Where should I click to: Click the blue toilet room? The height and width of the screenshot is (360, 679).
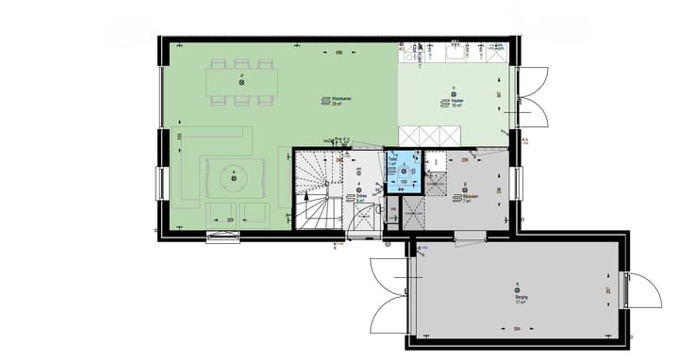tap(404, 171)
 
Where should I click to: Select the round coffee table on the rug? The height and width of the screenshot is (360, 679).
tap(230, 175)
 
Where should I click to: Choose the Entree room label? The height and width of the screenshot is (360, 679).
tap(359, 197)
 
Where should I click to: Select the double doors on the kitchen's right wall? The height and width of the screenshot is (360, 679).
tap(531, 96)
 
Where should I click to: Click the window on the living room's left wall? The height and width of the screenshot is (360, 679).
tap(161, 183)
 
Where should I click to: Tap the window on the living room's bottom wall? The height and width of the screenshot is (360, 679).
tap(224, 237)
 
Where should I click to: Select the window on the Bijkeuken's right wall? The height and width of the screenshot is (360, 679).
tap(516, 183)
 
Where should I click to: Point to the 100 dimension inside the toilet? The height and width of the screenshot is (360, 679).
tap(404, 182)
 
